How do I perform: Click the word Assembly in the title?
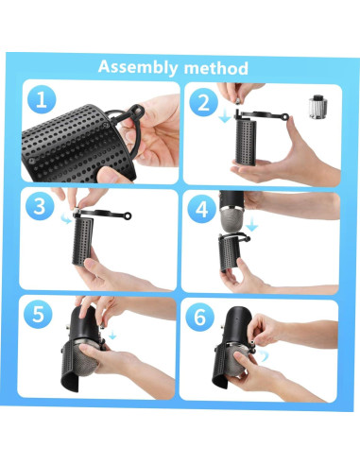[x=138, y=67]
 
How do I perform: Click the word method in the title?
[x=216, y=68]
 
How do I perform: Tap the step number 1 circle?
[x=42, y=100]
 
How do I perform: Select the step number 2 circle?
[x=203, y=102]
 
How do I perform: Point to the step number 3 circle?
[x=40, y=207]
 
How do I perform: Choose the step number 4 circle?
[x=201, y=209]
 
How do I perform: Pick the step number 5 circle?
[x=38, y=314]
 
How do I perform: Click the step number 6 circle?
[x=199, y=317]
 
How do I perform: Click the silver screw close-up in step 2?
[x=317, y=107]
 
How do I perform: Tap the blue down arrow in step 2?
[x=225, y=115]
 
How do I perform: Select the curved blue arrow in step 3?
[x=66, y=217]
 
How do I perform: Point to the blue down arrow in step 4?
[x=252, y=224]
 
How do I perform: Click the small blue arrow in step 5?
[x=112, y=335]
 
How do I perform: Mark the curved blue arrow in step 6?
[x=264, y=355]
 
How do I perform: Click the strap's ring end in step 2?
[x=285, y=117]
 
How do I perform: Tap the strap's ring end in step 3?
[x=128, y=215]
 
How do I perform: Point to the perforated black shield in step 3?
[x=83, y=241]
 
